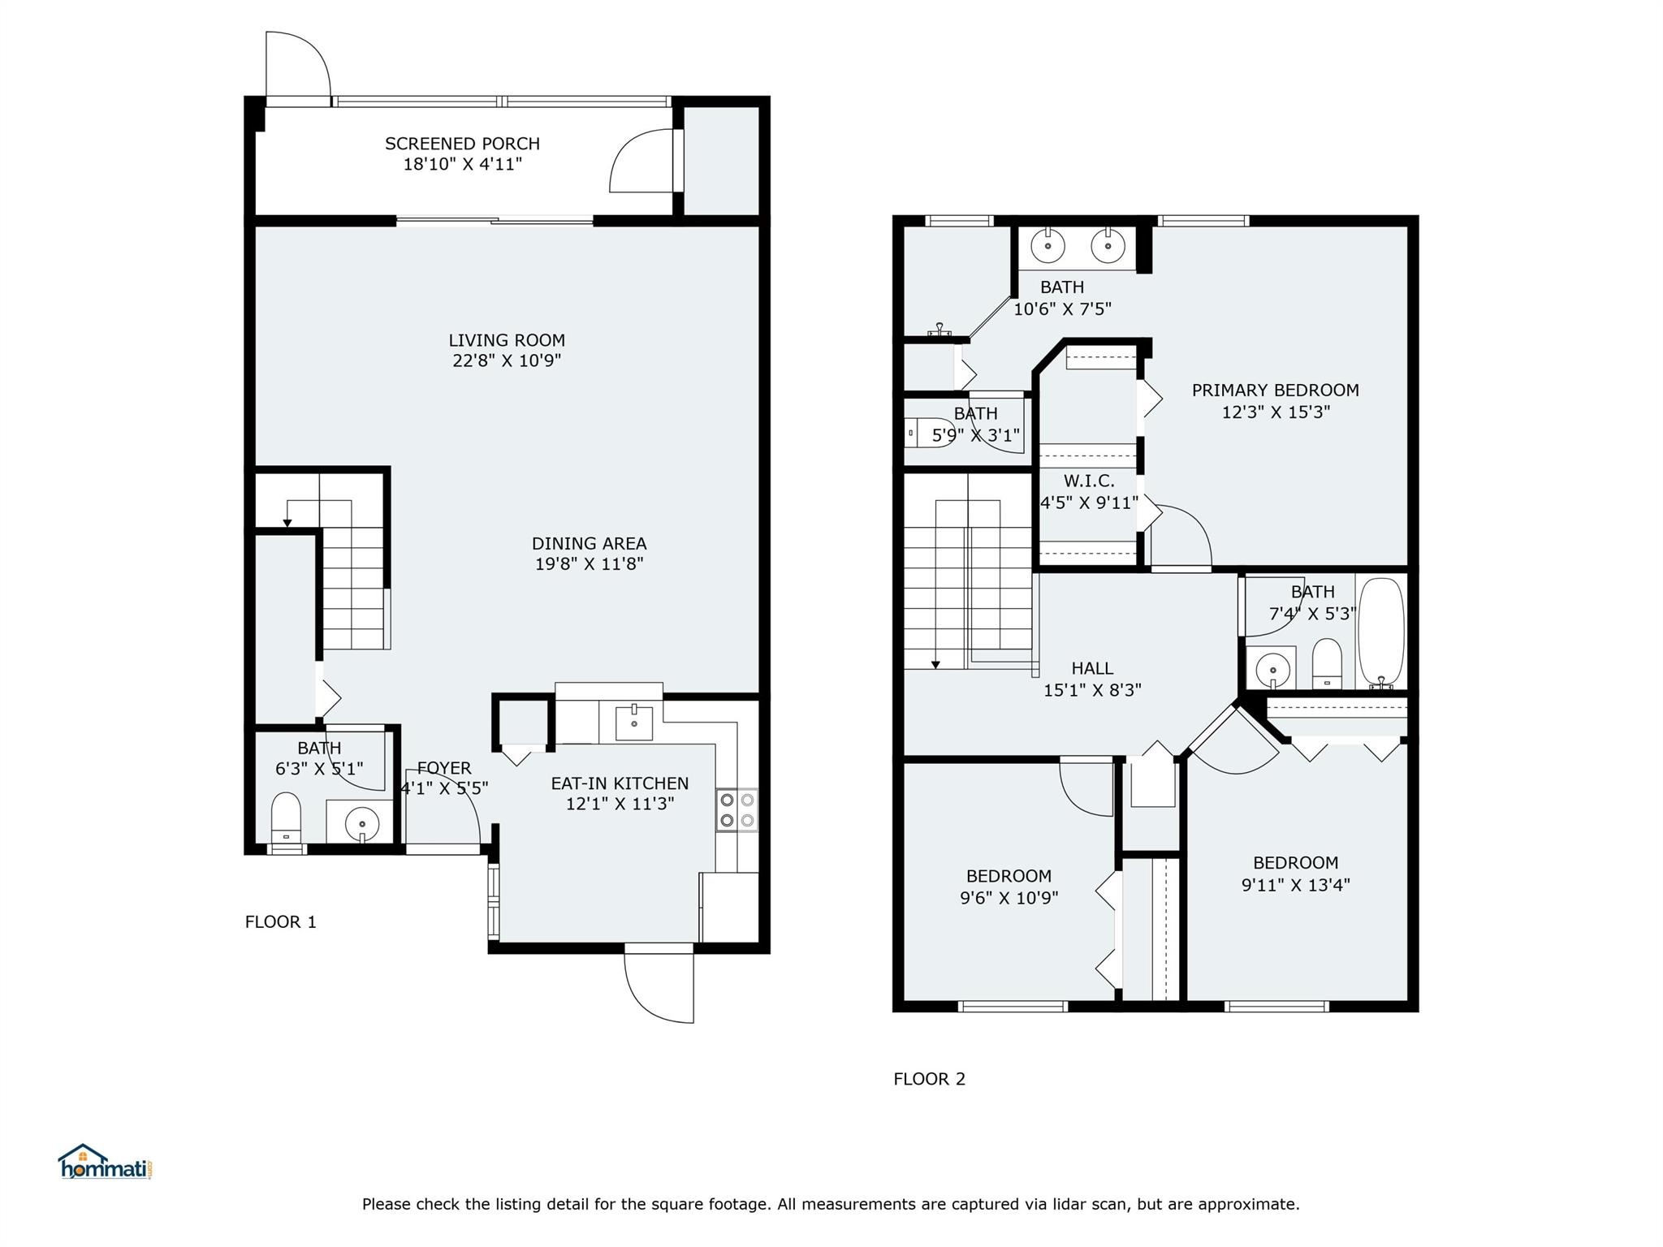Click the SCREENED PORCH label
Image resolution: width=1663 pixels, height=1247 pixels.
[462, 144]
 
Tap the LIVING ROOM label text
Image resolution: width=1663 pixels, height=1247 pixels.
[507, 340]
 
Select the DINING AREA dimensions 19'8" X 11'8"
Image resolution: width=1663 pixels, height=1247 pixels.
[589, 563]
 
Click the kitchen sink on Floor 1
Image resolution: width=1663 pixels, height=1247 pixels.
[634, 723]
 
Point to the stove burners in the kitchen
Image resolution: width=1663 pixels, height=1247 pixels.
[736, 810]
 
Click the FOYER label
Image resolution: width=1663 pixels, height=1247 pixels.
[444, 768]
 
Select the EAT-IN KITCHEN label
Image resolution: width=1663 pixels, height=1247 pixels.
[620, 783]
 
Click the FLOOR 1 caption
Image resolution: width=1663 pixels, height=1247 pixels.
[280, 921]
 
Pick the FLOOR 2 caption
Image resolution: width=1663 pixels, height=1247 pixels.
[929, 1079]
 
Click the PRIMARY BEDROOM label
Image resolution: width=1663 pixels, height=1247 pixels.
[1275, 390]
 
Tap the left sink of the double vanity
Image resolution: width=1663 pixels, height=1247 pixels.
[1047, 245]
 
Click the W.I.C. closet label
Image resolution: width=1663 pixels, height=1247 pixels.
[1089, 481]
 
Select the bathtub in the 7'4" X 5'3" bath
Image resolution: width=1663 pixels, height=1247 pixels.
[1381, 632]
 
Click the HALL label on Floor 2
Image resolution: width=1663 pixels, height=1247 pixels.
[1092, 668]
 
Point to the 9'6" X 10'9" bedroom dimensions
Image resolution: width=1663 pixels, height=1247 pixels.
[1009, 898]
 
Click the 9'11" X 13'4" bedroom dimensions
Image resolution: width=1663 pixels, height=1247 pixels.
[1295, 884]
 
